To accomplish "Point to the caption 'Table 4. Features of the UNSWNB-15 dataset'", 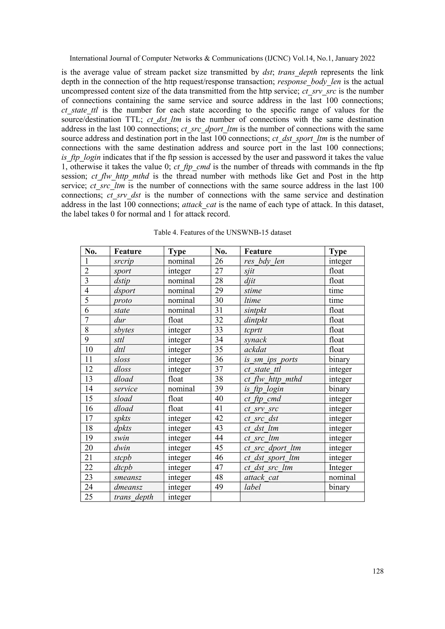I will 222,233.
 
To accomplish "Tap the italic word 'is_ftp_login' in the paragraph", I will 81,157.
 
